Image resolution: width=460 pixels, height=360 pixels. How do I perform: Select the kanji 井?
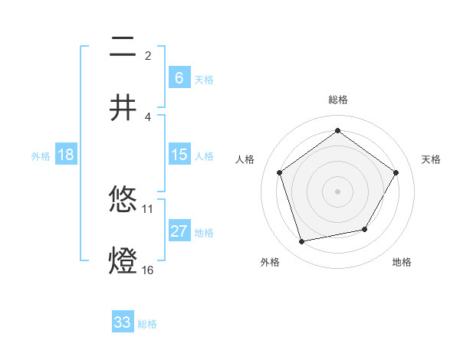[x=123, y=107]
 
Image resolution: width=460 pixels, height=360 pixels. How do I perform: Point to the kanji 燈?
[x=123, y=260]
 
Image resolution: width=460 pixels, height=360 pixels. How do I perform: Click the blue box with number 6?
[x=179, y=78]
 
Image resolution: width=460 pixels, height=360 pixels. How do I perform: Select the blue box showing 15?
[x=179, y=155]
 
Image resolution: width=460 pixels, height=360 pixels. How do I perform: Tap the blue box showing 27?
[x=179, y=231]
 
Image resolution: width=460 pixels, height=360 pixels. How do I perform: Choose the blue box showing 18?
[x=66, y=155]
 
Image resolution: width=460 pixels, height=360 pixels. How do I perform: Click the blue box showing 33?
[x=123, y=322]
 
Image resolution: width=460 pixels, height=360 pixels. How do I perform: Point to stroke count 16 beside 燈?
[x=147, y=270]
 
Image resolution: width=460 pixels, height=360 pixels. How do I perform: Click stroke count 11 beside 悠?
[x=148, y=208]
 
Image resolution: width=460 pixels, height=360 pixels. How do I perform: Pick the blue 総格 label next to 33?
[x=147, y=324]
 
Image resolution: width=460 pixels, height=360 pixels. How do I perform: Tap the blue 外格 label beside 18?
[x=41, y=155]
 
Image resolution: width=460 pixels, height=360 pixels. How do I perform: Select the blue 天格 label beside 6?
[x=203, y=80]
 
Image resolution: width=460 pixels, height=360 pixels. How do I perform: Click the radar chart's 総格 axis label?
[x=337, y=100]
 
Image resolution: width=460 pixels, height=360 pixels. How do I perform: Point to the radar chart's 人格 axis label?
[x=245, y=159]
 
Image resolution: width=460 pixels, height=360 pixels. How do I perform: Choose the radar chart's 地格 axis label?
[x=402, y=262]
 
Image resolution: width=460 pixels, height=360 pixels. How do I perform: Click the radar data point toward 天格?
[x=396, y=172]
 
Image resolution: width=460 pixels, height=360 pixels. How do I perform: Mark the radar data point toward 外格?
[x=302, y=241]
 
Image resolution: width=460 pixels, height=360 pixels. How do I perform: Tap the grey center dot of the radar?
[x=337, y=191]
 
